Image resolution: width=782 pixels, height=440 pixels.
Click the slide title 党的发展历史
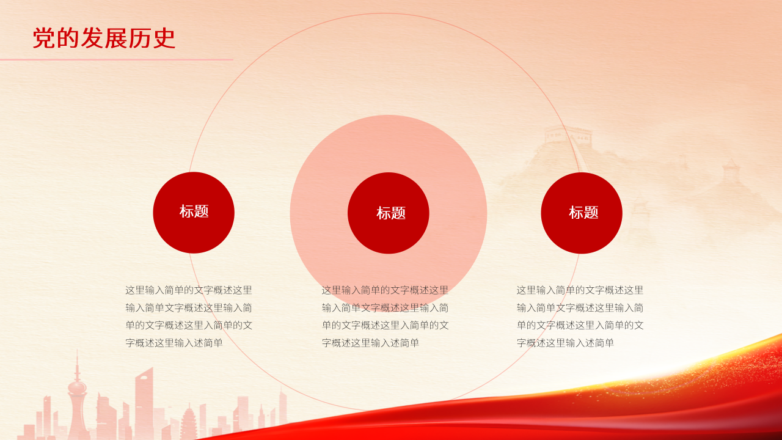(104, 38)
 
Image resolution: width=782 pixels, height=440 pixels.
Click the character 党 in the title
(43, 38)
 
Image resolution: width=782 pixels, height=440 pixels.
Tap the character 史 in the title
(164, 38)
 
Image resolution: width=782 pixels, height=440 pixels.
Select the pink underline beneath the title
(116, 59)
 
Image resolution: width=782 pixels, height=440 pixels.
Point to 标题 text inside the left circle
(194, 211)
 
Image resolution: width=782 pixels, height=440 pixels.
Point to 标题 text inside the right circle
(583, 213)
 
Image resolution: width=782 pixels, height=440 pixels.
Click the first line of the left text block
(189, 290)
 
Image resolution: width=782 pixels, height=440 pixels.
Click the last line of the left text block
(174, 343)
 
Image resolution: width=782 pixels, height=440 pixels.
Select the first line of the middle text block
(385, 290)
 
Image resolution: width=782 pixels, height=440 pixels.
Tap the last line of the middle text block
(370, 343)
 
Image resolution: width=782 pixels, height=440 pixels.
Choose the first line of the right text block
(580, 290)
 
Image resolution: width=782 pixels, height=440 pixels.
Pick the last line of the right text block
(565, 343)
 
